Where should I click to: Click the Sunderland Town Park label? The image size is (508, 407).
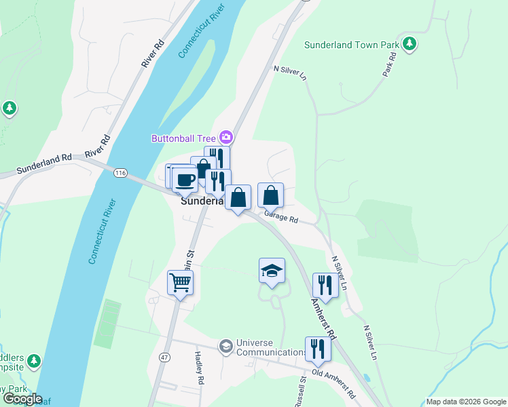click(x=351, y=45)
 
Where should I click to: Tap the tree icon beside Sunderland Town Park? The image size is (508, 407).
click(x=409, y=45)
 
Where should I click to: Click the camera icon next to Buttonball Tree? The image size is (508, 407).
click(x=226, y=138)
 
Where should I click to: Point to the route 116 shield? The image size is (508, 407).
click(x=121, y=174)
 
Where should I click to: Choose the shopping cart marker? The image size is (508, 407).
click(x=181, y=282)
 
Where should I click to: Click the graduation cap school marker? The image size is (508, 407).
click(x=272, y=271)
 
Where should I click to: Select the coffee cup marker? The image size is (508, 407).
click(x=185, y=180)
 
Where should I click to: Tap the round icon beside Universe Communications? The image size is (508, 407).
click(x=225, y=347)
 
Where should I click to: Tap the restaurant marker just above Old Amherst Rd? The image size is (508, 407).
click(x=317, y=349)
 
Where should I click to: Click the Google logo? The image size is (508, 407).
click(x=22, y=399)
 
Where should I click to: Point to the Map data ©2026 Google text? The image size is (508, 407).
click(x=466, y=402)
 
